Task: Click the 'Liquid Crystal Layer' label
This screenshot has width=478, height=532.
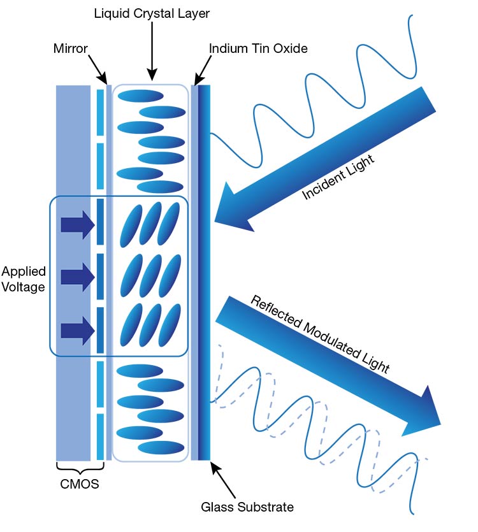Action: [151, 12]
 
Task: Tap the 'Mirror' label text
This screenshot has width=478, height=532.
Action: [69, 48]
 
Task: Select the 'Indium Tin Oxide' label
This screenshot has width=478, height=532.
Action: [258, 48]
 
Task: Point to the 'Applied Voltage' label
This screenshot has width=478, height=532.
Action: [24, 279]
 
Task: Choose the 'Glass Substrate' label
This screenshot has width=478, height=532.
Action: [247, 507]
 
